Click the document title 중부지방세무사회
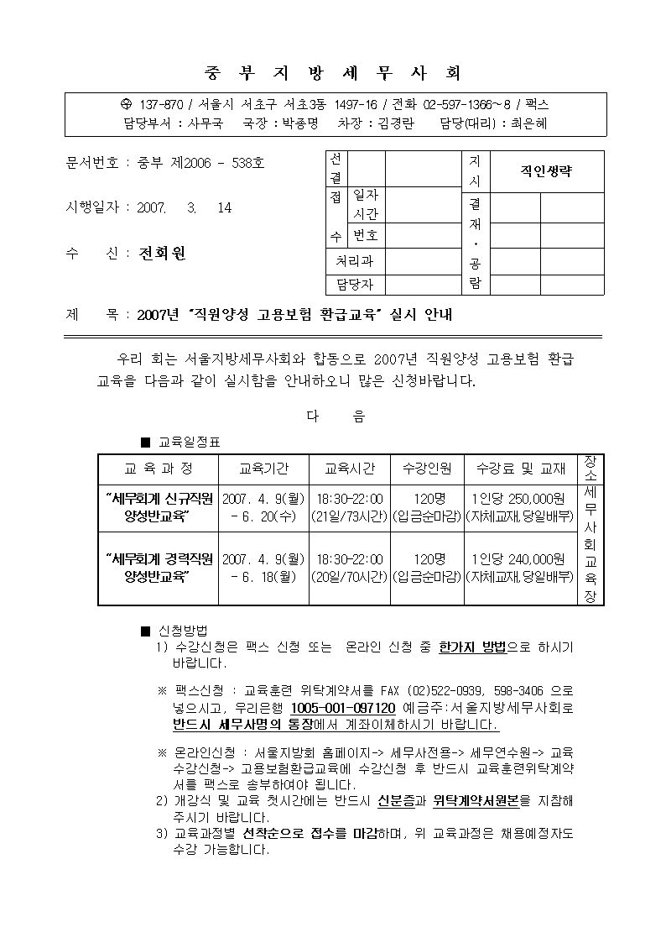point(333,72)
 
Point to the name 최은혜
point(528,123)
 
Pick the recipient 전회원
point(162,253)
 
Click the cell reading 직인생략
point(546,171)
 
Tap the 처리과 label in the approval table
point(354,261)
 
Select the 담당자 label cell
point(354,285)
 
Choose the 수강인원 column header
point(427,468)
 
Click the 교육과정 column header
point(159,468)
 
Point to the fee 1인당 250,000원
point(518,498)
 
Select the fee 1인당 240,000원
point(518,558)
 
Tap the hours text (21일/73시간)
point(349,516)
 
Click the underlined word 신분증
point(397,800)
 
